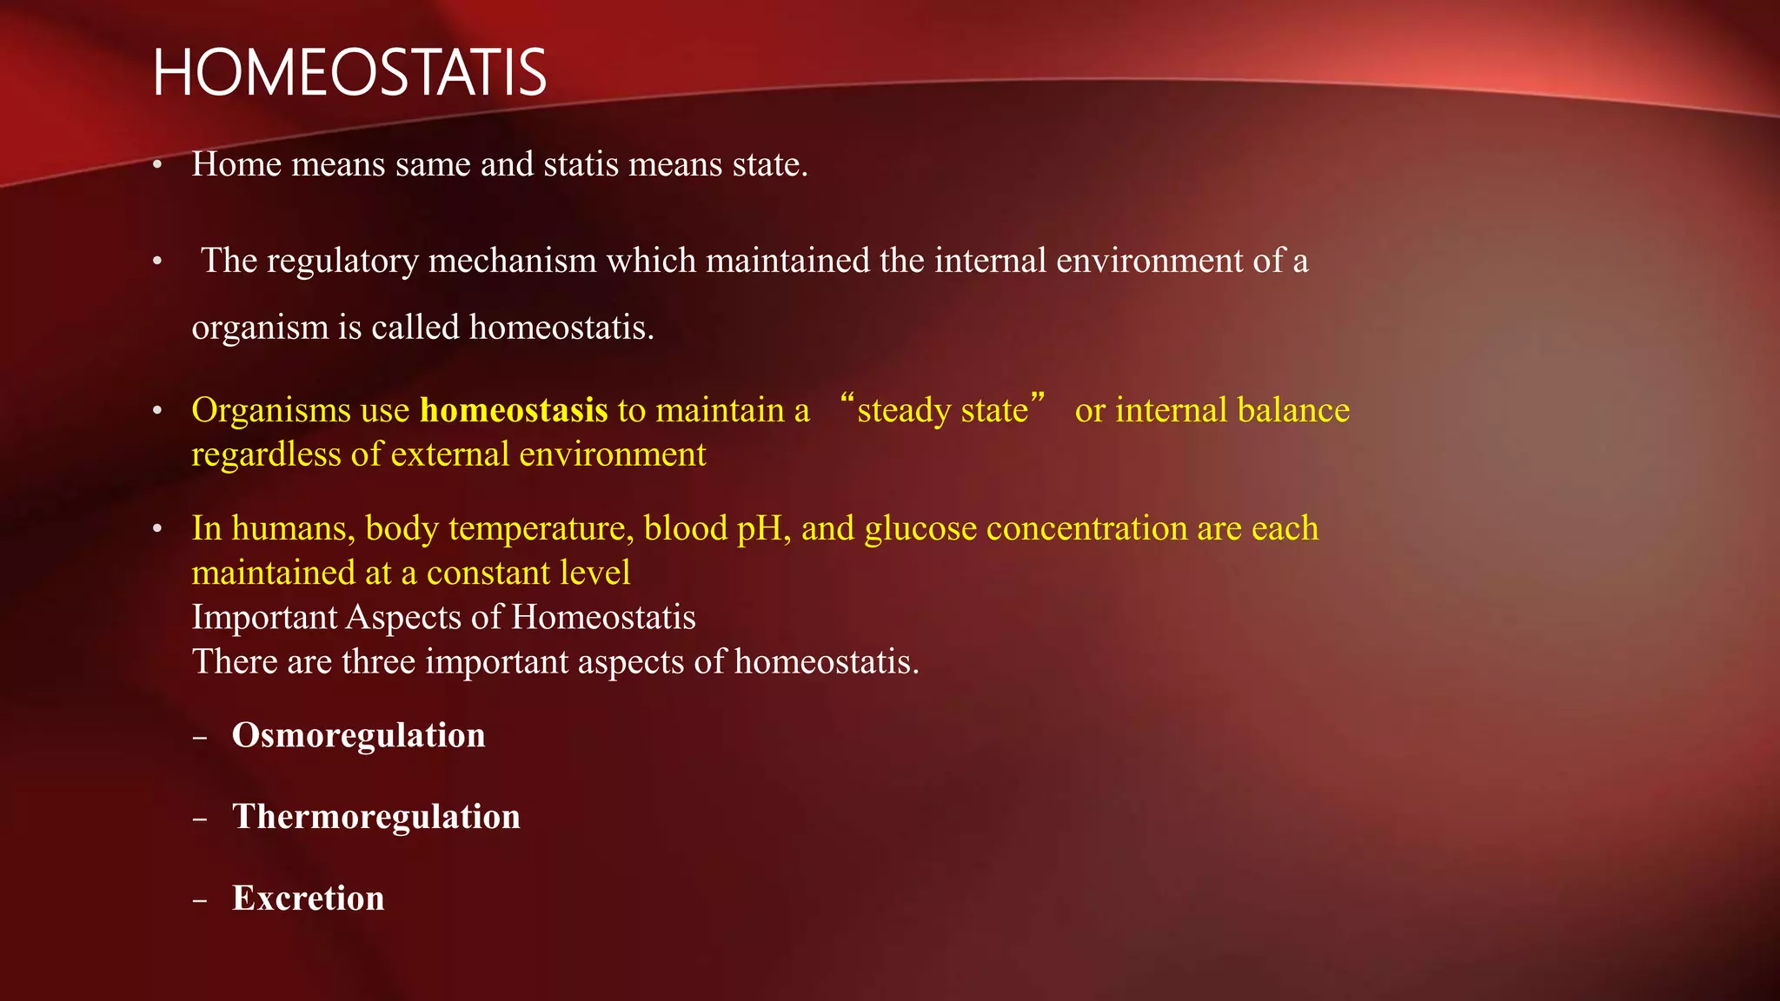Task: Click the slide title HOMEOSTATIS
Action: (x=349, y=73)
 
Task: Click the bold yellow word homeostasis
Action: (x=514, y=410)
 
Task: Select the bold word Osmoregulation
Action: (x=358, y=735)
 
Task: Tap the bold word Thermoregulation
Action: (x=375, y=817)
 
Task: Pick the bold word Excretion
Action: (x=308, y=898)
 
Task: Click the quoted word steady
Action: (x=899, y=410)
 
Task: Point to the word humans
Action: (x=293, y=528)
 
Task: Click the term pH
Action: (x=763, y=529)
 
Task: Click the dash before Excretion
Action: (x=201, y=900)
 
